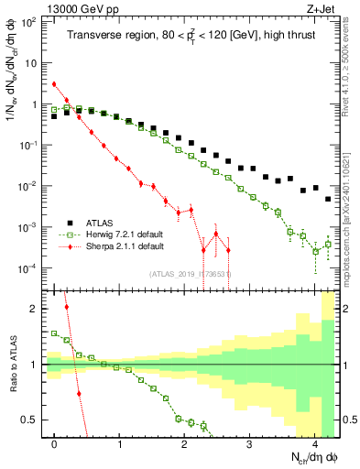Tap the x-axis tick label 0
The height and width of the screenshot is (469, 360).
(55, 440)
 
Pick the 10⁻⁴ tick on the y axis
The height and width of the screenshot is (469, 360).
(30, 267)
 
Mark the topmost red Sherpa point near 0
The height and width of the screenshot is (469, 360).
(54, 84)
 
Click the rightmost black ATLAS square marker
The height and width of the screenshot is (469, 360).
(328, 199)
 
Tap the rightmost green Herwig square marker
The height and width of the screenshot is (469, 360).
(328, 244)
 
